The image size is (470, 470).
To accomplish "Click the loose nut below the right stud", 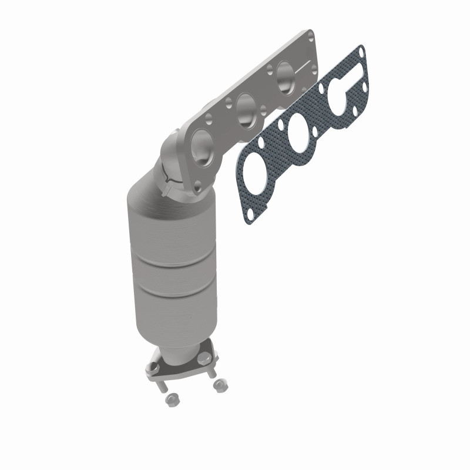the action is tap(220, 385).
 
